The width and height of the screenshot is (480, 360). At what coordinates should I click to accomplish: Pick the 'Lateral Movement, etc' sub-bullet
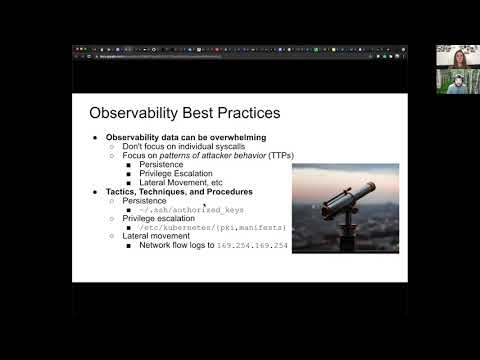pyautogui.click(x=181, y=182)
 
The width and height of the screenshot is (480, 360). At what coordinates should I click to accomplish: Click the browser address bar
pyautogui.click(x=150, y=56)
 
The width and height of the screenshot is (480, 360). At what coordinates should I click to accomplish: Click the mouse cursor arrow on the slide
pyautogui.click(x=205, y=205)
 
